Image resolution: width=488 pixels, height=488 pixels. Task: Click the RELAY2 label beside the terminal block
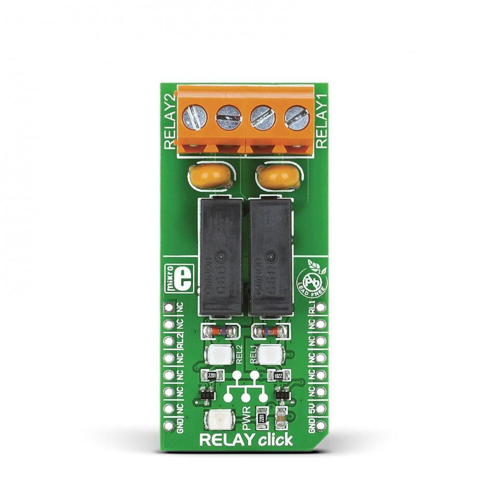point(169,121)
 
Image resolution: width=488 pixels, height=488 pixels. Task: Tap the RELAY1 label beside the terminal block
point(322,121)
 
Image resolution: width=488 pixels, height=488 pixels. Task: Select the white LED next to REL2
point(218,356)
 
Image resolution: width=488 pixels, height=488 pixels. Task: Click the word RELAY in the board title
point(228,441)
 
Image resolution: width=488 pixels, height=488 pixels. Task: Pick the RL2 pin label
point(179,341)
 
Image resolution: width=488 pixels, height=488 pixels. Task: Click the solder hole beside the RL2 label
point(168,341)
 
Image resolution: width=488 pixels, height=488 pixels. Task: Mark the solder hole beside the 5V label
point(323,408)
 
